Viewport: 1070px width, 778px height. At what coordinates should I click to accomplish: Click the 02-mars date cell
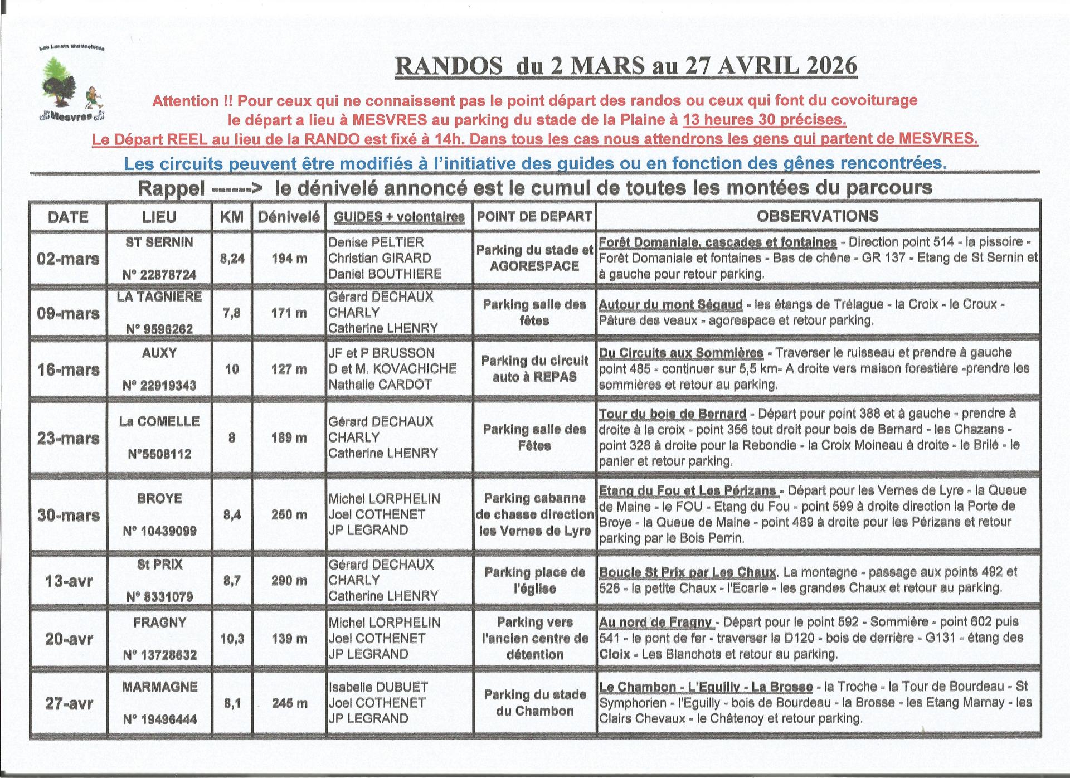(x=68, y=259)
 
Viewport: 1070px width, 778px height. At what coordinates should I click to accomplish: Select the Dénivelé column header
(x=289, y=217)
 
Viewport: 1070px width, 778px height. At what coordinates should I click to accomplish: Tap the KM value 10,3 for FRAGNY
(x=232, y=639)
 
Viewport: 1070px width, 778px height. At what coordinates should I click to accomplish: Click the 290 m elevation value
(x=289, y=581)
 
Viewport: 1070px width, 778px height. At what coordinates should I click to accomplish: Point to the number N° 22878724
(x=159, y=275)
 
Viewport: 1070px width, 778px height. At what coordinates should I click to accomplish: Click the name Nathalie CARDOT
(x=380, y=385)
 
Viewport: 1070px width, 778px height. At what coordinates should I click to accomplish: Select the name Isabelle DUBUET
(x=378, y=687)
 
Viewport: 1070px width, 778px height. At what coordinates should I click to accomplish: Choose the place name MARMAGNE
(x=159, y=687)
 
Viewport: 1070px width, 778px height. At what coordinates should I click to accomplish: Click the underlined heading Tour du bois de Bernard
(x=672, y=414)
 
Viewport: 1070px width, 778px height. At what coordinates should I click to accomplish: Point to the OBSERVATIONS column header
(x=818, y=216)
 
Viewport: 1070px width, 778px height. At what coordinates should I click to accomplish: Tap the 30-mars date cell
(x=68, y=515)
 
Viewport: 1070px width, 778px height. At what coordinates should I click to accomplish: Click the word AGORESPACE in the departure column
(x=534, y=266)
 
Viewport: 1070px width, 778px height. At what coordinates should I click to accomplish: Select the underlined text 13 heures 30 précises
(x=765, y=120)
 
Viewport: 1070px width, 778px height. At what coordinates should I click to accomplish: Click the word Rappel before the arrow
(x=171, y=188)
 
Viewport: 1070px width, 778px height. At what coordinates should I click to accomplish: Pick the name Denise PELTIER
(x=376, y=242)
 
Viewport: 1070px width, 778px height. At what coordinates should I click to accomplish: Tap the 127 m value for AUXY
(x=289, y=369)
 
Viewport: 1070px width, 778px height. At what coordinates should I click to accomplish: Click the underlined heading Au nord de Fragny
(x=655, y=623)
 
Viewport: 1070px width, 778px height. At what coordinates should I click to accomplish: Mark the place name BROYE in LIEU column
(x=159, y=498)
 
